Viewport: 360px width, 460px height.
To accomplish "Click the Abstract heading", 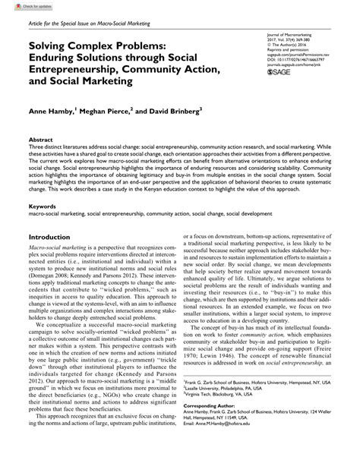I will click(40, 140).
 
